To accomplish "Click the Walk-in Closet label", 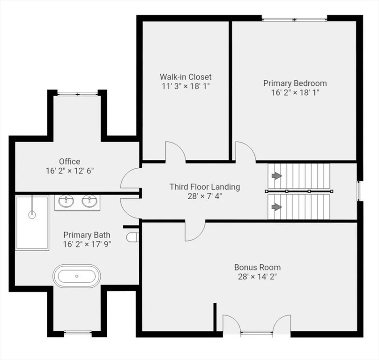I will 186,76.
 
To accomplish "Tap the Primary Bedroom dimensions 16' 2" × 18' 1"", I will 295,93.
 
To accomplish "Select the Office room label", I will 69,161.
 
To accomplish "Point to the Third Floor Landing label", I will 205,187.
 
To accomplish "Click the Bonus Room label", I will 257,267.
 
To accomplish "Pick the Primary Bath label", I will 87,234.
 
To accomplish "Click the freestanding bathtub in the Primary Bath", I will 76,276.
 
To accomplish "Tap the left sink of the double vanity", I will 67,202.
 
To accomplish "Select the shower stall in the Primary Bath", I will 32,223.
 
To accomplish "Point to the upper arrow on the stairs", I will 277,176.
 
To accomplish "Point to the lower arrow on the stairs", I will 277,207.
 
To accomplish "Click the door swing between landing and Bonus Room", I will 195,231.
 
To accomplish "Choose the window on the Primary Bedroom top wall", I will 294,19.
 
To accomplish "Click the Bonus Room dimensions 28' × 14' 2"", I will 257,277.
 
